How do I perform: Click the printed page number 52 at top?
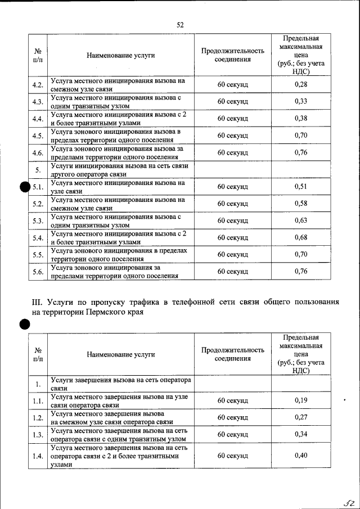tap(180, 25)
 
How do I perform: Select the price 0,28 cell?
tap(301, 84)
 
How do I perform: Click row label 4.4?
tap(38, 119)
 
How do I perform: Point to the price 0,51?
tap(301, 186)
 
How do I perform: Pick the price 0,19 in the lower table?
tap(301, 400)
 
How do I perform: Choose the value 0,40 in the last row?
tap(301, 456)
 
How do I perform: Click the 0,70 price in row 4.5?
tap(301, 136)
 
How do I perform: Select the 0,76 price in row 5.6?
tap(301, 271)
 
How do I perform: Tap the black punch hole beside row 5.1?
tap(24, 188)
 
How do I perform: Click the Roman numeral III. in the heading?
tap(38, 302)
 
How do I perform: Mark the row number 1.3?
tap(38, 434)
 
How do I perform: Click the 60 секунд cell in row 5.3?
tap(232, 220)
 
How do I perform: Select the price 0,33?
tap(301, 101)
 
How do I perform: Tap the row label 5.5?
tap(38, 254)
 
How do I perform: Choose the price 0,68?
tap(301, 237)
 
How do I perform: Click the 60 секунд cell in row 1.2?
tap(232, 417)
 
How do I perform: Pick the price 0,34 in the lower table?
tap(301, 434)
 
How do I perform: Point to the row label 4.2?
tap(38, 85)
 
